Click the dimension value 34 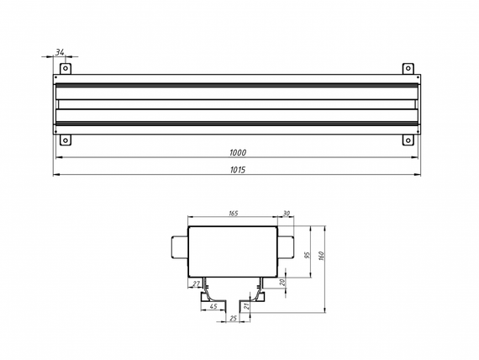[x=61, y=52]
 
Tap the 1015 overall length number [x=238, y=169]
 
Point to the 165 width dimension [x=233, y=214]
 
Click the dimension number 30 [x=287, y=214]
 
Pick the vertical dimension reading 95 [x=308, y=256]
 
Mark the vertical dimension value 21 [x=246, y=307]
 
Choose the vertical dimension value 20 [x=283, y=283]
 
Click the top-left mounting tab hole [x=67, y=68]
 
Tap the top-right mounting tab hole [x=408, y=68]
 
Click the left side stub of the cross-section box [x=179, y=247]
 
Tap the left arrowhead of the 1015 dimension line [x=56, y=175]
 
